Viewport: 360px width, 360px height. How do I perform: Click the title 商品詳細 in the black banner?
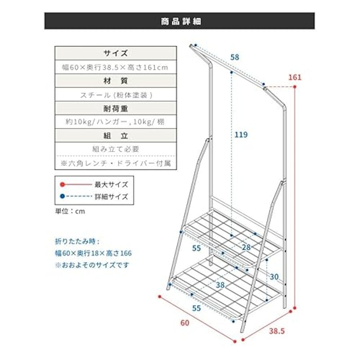click(181, 21)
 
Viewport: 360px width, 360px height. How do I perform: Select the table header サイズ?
click(116, 53)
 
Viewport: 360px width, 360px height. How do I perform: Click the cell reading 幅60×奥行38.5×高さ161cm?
click(115, 67)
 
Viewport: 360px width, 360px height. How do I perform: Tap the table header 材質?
click(116, 81)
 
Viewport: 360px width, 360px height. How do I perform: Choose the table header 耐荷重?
click(116, 108)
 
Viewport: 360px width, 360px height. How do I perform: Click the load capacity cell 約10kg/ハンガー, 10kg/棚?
click(115, 121)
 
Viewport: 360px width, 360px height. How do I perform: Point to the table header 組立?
click(116, 136)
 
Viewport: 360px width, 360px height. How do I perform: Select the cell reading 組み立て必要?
click(116, 149)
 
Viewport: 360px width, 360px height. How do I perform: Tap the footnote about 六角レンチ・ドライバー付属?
click(116, 163)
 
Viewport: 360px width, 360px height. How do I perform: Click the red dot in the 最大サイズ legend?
click(62, 184)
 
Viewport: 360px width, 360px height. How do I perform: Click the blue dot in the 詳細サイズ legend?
click(62, 197)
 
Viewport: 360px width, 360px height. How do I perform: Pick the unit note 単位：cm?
click(70, 211)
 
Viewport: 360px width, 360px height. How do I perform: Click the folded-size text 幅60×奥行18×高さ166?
click(93, 253)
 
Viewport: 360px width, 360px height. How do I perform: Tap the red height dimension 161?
click(295, 77)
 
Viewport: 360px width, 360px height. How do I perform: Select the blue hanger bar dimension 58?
click(234, 57)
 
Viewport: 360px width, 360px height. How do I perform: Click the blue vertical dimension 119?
click(241, 135)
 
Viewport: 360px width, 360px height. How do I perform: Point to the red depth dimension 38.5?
click(277, 331)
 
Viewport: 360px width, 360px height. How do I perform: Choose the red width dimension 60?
click(185, 323)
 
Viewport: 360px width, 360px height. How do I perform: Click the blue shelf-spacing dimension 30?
click(274, 277)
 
